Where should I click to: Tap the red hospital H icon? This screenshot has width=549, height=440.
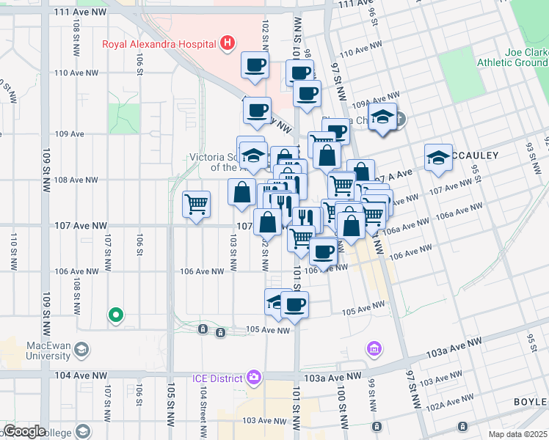coord(228,43)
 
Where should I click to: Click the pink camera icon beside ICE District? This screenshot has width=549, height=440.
coord(254,378)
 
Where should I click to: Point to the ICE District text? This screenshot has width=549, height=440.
coord(217,378)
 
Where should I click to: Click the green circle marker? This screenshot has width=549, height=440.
coord(115,315)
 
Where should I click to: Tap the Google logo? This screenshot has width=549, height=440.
coord(24,431)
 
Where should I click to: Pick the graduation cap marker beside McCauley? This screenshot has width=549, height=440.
coord(438,158)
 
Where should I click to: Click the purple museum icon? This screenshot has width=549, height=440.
coord(374,348)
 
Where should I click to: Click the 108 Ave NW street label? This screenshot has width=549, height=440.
coord(76,180)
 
